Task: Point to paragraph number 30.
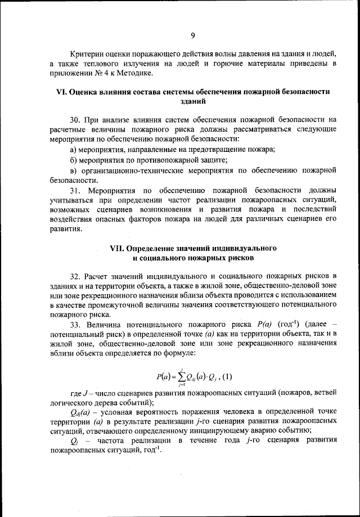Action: click(x=76, y=119)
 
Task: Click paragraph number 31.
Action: click(x=76, y=191)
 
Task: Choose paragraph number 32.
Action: click(x=76, y=276)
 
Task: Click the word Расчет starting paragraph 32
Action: click(x=97, y=276)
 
